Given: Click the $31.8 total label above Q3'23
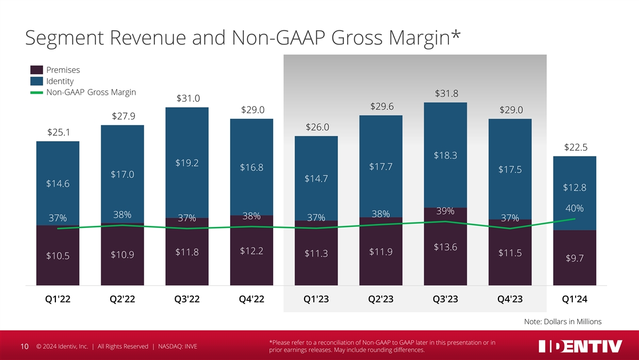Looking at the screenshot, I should tap(446, 94).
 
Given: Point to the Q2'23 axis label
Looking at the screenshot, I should tap(381, 299).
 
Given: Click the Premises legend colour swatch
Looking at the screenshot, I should tap(37, 70).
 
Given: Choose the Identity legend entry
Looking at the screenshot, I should tap(60, 81).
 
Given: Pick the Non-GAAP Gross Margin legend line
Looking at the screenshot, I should tap(37, 93).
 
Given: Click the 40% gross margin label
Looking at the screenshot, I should tap(575, 208).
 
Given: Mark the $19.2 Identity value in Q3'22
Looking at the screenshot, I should tap(187, 163).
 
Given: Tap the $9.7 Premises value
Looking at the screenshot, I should tap(575, 258).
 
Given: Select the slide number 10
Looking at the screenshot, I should tap(24, 347).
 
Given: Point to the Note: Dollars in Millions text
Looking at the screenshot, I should tap(563, 321).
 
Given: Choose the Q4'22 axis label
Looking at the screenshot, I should tap(251, 299).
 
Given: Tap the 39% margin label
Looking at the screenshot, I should tap(445, 211).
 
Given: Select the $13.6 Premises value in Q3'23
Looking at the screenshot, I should tap(445, 247).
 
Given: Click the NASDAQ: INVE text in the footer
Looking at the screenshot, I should tap(177, 347).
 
